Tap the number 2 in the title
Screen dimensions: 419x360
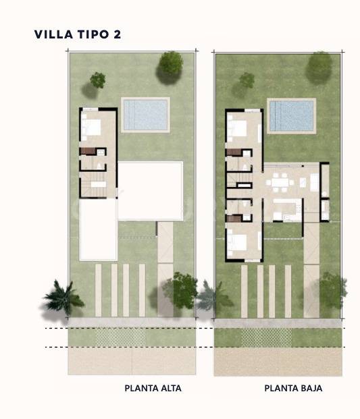118,34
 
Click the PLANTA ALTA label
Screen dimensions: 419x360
153,388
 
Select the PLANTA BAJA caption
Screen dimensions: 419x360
293,388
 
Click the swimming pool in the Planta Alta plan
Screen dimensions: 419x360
145,115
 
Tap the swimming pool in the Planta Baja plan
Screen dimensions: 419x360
292,115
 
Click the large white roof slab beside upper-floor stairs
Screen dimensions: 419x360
150,190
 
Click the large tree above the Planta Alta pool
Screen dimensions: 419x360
170,64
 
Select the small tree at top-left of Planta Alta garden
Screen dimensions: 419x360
98,80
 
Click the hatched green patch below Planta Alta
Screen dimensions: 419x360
121,337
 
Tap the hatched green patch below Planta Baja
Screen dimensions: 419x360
266,337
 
